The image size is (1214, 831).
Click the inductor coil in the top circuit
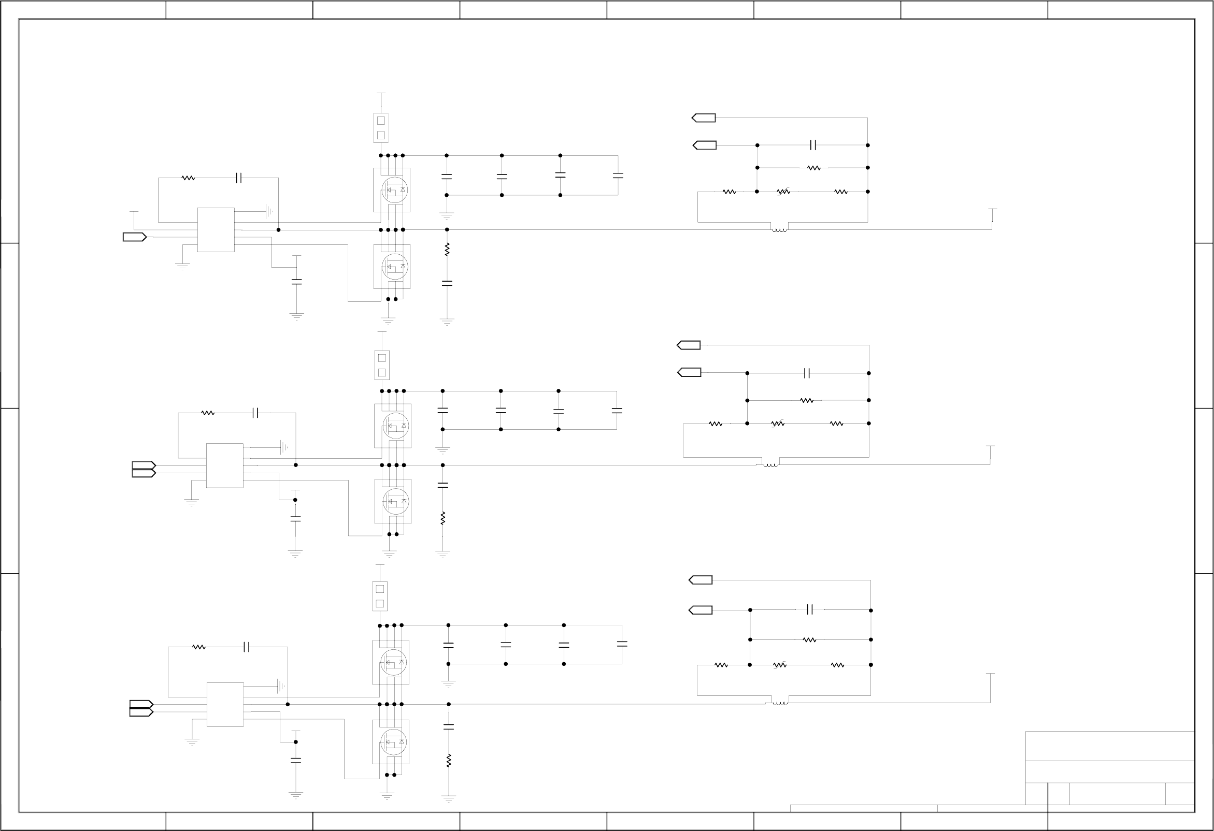point(779,230)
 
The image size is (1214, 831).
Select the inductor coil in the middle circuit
point(770,465)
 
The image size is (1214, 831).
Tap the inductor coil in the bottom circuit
point(780,704)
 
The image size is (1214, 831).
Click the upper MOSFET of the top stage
point(392,190)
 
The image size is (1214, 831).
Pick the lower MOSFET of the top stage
point(392,267)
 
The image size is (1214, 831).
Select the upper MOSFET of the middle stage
point(393,426)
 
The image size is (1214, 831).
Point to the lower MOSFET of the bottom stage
point(391,742)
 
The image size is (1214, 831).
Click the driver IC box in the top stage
point(216,230)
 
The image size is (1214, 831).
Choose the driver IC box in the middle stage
point(225,465)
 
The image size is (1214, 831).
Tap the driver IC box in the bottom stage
point(225,704)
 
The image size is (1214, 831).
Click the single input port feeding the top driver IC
point(134,237)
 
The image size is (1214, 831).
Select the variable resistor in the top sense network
point(783,192)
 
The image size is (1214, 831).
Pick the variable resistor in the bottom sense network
point(779,665)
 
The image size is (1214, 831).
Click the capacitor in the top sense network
point(813,145)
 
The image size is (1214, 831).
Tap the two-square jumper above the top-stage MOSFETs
point(381,128)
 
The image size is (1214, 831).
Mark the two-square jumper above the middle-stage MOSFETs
point(382,366)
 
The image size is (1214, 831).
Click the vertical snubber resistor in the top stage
point(447,250)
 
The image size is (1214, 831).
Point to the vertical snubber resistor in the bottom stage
point(448,761)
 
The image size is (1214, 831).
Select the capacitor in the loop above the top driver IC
point(239,178)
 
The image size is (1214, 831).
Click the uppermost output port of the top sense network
point(704,118)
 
